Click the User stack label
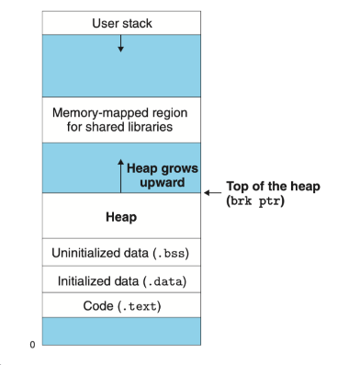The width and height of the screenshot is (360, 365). point(120,21)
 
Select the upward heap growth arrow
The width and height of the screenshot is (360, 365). point(119,175)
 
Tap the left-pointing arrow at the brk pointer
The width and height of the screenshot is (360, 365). point(212,193)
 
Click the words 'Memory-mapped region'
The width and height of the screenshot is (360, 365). point(120,111)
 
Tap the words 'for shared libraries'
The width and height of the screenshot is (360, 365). point(120,126)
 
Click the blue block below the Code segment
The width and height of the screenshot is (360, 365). point(120,331)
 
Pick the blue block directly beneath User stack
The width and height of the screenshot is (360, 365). point(120,64)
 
